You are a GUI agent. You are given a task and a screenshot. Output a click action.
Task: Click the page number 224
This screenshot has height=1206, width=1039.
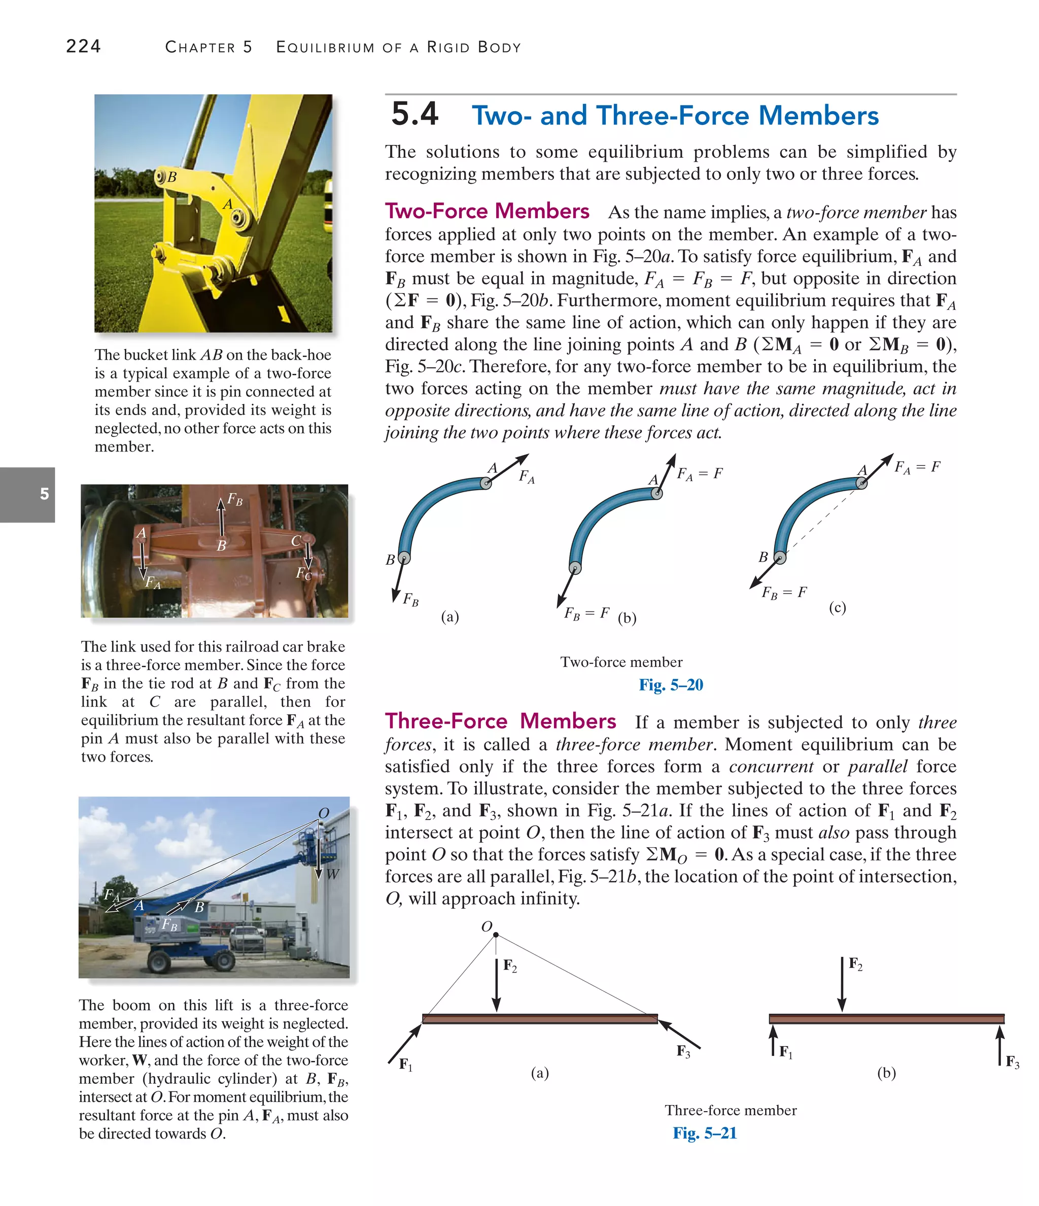pyautogui.click(x=83, y=46)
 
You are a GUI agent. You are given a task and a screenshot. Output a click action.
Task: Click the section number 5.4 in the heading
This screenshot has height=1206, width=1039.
pyautogui.click(x=414, y=114)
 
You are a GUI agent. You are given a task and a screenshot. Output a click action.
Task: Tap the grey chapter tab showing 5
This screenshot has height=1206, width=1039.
pyautogui.click(x=44, y=494)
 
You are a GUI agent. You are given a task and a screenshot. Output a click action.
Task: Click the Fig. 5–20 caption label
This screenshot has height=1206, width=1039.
pyautogui.click(x=671, y=684)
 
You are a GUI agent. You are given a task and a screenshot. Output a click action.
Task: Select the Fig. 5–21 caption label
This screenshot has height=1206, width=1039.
pyautogui.click(x=704, y=1132)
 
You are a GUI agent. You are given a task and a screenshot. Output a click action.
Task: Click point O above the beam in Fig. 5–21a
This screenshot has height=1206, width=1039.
pyautogui.click(x=495, y=935)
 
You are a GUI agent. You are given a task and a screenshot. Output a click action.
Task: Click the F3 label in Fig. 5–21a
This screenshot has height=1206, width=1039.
pyautogui.click(x=683, y=1051)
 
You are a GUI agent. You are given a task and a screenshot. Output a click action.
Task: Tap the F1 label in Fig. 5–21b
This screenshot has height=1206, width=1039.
pyautogui.click(x=786, y=1052)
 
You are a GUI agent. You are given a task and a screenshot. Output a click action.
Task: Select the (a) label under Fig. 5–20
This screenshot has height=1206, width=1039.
pyautogui.click(x=450, y=616)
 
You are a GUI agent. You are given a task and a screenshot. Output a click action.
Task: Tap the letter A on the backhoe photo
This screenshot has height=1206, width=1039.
pyautogui.click(x=228, y=204)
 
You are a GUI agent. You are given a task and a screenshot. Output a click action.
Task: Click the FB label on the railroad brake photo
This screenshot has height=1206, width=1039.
pyautogui.click(x=234, y=499)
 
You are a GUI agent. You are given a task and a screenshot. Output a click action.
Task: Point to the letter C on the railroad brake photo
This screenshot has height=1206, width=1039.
pyautogui.click(x=296, y=541)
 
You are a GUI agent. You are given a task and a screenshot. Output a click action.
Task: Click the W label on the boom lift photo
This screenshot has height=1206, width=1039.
pyautogui.click(x=332, y=874)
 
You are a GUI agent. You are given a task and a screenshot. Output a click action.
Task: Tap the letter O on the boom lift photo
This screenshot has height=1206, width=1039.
pyautogui.click(x=324, y=813)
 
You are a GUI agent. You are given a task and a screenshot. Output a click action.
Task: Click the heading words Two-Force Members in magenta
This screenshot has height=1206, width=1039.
pyautogui.click(x=487, y=211)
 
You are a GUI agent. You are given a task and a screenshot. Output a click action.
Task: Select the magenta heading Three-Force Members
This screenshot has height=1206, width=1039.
pyautogui.click(x=500, y=721)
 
